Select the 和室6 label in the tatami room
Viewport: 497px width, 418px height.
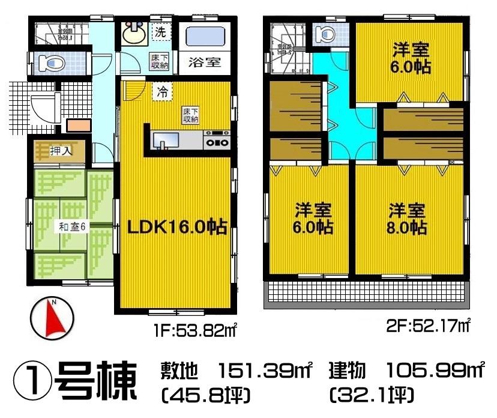coord(73,226)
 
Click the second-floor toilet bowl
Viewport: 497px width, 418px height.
coord(325,34)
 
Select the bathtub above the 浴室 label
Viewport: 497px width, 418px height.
coord(203,37)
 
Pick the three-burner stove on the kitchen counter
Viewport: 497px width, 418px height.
coord(216,142)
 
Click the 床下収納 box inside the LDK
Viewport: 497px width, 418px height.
coord(191,114)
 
